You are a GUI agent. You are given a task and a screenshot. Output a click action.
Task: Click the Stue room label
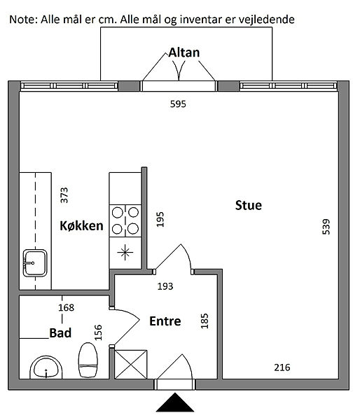pos(249,205)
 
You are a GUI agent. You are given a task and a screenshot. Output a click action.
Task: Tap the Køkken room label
pos(81,226)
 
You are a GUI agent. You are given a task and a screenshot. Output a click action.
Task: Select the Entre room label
pos(165,321)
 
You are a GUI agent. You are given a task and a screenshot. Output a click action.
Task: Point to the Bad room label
pos(60,333)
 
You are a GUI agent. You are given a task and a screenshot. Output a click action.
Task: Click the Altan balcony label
pos(184,52)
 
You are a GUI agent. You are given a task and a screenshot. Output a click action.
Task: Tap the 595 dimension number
pos(178,104)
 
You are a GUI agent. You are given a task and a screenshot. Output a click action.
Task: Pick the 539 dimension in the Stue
pos(326,227)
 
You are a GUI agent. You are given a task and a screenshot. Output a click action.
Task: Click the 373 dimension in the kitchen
pos(64,195)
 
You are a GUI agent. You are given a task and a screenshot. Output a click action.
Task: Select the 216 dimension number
pos(282,367)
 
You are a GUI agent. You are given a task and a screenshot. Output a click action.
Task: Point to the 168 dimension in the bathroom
pos(67,307)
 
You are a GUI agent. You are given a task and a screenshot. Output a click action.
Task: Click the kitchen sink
pos(35,263)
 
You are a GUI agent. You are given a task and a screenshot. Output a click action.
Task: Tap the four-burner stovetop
pos(125,220)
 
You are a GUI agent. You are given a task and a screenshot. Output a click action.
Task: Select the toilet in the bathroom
pos(88,360)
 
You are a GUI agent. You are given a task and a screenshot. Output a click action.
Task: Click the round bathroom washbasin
pos(46,367)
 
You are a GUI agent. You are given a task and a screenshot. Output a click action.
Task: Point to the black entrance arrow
pos(175,402)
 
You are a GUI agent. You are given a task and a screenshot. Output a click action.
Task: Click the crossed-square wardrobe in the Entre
pos(131,364)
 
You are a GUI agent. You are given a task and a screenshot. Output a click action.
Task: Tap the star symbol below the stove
pos(125,253)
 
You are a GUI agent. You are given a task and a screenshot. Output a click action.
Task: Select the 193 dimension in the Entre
pos(165,286)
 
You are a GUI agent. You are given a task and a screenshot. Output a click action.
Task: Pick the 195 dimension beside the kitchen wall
pos(160,219)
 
